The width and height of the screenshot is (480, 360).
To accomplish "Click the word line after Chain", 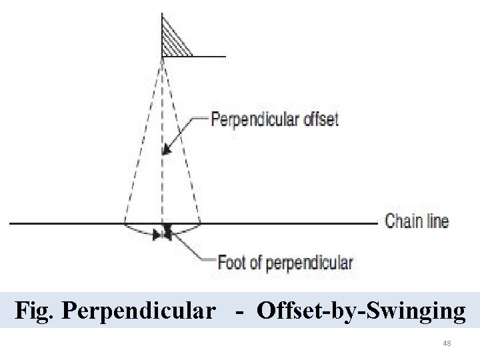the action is (437, 221).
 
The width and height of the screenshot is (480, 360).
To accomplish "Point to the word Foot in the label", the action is (231, 262).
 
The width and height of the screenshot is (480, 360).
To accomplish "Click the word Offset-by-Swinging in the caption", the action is (361, 311).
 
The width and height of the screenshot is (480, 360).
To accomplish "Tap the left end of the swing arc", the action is (126, 226).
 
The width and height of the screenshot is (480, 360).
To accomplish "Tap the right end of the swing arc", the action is (200, 225).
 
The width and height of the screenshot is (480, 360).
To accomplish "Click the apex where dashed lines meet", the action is (163, 59).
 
